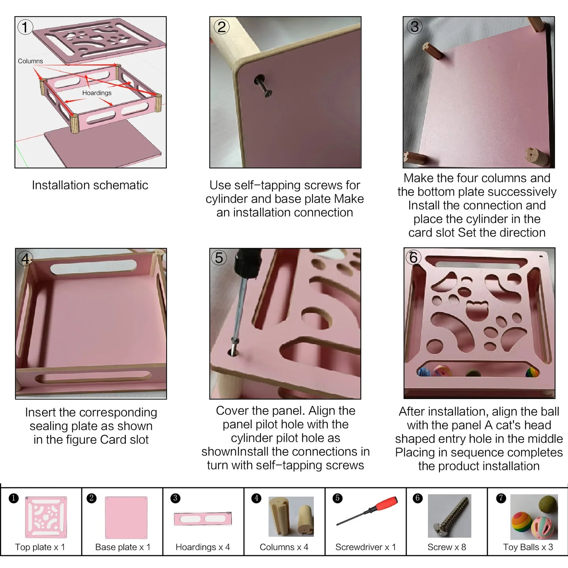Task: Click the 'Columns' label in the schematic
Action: [x=30, y=61]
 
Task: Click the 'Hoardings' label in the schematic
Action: [x=97, y=93]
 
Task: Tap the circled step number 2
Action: [x=221, y=27]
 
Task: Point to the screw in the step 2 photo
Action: [x=263, y=86]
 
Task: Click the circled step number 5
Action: [x=219, y=257]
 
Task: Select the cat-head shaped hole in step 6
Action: [x=477, y=311]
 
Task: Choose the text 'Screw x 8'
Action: [x=447, y=547]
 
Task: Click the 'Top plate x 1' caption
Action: [x=40, y=547]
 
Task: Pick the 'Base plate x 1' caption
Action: [x=123, y=547]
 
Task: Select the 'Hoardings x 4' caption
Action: [x=202, y=547]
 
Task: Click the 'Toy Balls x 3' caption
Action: [x=528, y=547]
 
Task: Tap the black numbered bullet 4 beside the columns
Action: [x=256, y=498]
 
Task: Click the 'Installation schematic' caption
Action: [x=90, y=185]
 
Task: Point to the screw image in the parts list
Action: [x=450, y=516]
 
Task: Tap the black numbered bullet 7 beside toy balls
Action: [x=501, y=498]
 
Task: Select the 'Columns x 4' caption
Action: [x=284, y=547]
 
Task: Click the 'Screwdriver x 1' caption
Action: [x=366, y=547]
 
